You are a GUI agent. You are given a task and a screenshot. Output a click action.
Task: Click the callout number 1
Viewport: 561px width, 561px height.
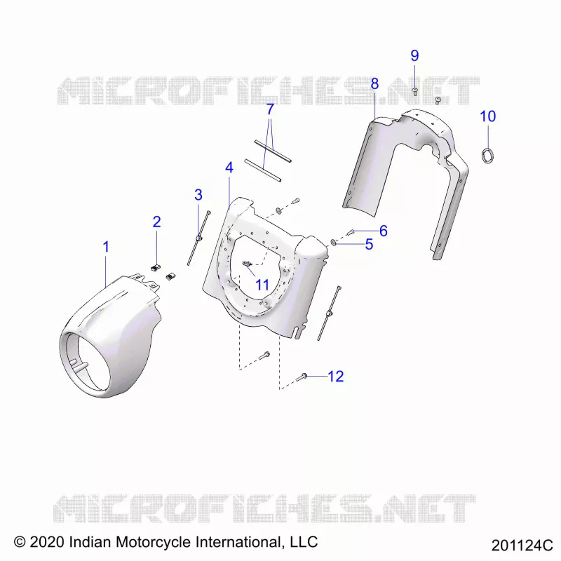[106, 247]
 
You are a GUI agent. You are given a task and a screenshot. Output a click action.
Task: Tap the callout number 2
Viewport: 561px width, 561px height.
[156, 222]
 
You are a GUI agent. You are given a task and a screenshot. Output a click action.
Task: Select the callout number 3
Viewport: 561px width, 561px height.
[198, 195]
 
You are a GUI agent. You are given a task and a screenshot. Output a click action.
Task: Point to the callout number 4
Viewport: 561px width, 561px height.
[229, 168]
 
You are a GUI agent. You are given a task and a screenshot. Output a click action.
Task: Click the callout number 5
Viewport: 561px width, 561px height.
[370, 244]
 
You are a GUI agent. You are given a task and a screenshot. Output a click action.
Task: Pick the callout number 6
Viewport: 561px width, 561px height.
[383, 231]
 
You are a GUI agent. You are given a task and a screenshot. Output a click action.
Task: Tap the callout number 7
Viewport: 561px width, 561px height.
[270, 109]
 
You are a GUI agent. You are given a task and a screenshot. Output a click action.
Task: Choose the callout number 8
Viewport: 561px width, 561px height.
[374, 83]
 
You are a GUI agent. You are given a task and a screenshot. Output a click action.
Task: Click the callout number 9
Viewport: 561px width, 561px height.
[414, 55]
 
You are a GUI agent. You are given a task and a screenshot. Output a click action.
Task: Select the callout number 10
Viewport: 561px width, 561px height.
[487, 116]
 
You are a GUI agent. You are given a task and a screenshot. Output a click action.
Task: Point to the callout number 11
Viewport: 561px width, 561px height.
[262, 285]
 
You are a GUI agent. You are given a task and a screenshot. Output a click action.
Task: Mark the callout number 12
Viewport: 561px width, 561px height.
[336, 377]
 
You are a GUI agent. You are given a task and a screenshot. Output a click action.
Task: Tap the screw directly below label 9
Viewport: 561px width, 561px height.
[415, 91]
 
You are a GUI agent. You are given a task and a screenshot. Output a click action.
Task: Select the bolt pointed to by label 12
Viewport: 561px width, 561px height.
[302, 377]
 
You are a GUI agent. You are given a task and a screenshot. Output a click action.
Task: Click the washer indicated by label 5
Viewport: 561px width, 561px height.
[333, 243]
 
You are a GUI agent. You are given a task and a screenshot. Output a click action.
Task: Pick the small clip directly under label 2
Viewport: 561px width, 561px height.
[156, 268]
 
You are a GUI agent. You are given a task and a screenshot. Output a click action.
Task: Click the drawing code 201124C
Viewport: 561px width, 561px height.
[522, 546]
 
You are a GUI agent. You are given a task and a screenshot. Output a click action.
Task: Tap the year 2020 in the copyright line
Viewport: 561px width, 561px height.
[47, 542]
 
